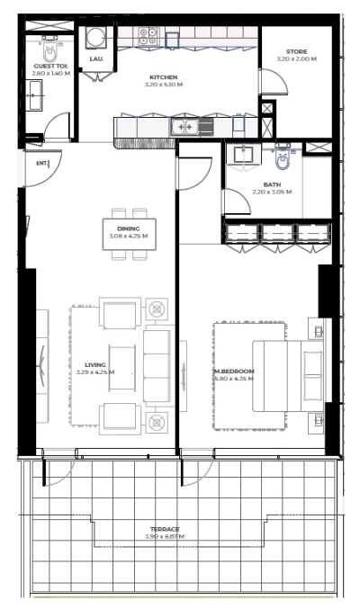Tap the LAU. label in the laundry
click(x=96, y=59)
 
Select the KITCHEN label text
click(x=164, y=77)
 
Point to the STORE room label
click(x=296, y=52)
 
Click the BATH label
click(x=273, y=184)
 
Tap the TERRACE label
click(x=165, y=529)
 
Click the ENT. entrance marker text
click(x=40, y=165)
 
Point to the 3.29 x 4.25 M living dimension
click(x=94, y=372)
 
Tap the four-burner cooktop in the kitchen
click(x=148, y=36)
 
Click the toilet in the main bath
click(x=283, y=161)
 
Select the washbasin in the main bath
click(x=242, y=156)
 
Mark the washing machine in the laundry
click(x=96, y=37)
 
